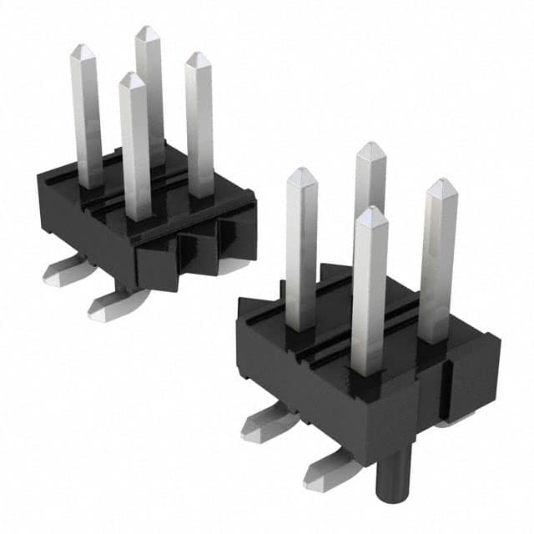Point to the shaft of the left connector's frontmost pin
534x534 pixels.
pos(135,150)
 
